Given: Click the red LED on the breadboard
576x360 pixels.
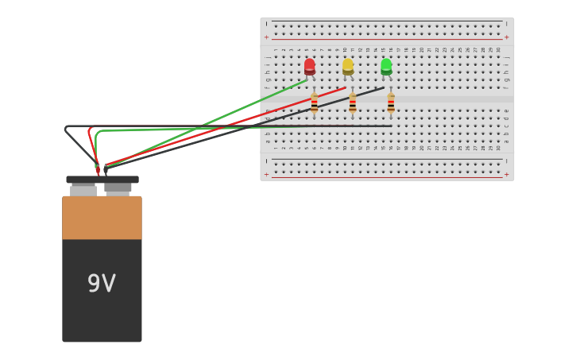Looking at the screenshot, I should click(x=309, y=66).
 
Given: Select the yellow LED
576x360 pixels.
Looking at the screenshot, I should click(x=348, y=66).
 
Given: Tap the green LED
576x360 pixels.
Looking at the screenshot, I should click(x=386, y=66).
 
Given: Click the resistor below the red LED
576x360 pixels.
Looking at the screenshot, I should click(x=315, y=103).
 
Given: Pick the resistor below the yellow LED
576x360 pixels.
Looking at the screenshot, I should click(x=353, y=103).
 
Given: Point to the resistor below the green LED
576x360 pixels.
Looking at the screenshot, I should click(x=391, y=103).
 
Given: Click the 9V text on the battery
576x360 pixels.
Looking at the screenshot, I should click(x=102, y=284).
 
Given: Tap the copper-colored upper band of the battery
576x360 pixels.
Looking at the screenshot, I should click(x=102, y=218).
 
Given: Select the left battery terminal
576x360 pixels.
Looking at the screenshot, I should click(x=83, y=190).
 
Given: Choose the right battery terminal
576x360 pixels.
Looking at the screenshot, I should click(x=118, y=189).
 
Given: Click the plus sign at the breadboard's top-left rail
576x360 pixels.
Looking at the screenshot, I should click(x=267, y=37).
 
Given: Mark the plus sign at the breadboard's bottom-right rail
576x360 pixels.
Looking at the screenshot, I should click(x=507, y=173).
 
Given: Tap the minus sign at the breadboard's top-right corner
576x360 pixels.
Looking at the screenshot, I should click(x=507, y=24).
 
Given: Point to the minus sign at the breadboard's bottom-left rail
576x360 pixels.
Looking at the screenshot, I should click(x=267, y=161).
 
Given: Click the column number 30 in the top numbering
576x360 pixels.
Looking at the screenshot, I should click(x=498, y=49).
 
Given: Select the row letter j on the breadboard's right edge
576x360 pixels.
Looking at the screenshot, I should click(x=506, y=57).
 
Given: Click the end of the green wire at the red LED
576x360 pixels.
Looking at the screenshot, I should click(x=307, y=79).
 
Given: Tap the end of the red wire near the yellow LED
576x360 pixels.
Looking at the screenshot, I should click(x=345, y=87).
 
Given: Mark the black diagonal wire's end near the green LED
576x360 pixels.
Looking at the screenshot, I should click(x=383, y=87).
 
